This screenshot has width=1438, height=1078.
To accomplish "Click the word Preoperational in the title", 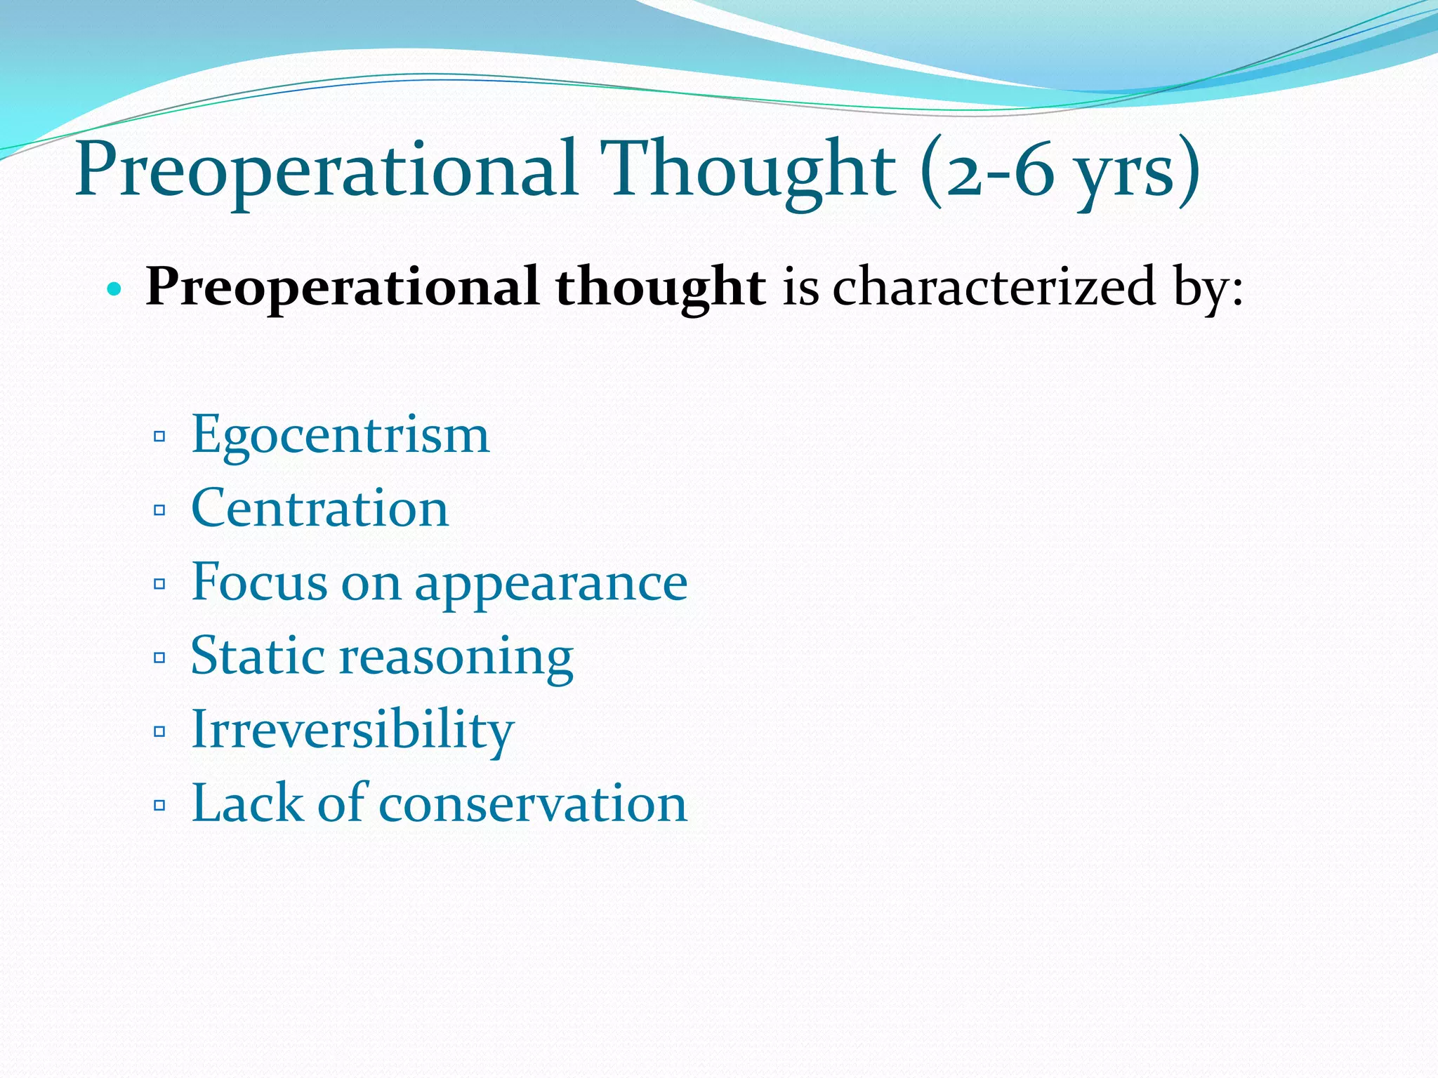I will [x=326, y=171].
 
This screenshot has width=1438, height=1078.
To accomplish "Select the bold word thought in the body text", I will [x=660, y=287].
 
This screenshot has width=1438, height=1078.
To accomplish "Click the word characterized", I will [x=994, y=287].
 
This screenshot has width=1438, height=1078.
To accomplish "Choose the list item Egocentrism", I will [x=340, y=435].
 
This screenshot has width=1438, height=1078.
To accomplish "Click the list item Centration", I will [x=319, y=508].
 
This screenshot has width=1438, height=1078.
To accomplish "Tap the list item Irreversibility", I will [x=352, y=730].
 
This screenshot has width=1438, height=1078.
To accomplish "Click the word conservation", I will [x=533, y=803].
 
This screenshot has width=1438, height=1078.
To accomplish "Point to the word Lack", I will [x=246, y=803].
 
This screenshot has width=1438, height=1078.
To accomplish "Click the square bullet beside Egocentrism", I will [x=159, y=437].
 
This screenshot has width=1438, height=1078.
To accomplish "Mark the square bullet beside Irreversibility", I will [x=159, y=731].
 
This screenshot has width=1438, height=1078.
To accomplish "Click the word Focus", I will [x=259, y=582].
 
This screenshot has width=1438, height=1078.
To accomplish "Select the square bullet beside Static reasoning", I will [x=159, y=658].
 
